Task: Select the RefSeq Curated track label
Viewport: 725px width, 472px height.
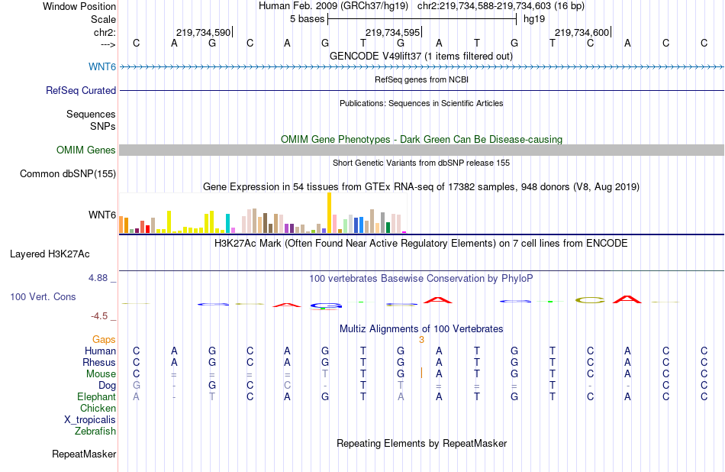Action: pos(81,90)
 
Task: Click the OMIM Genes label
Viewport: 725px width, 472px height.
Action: pos(86,150)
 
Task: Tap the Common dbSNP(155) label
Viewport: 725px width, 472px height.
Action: pos(68,174)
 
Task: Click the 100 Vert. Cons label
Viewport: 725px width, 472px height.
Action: pos(43,296)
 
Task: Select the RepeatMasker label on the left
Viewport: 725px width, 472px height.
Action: pos(84,454)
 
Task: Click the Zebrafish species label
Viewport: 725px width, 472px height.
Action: pos(95,432)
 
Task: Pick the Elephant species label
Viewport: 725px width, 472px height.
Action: pos(96,397)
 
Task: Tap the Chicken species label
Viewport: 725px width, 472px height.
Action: pos(98,409)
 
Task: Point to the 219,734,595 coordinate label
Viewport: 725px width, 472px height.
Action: pos(392,33)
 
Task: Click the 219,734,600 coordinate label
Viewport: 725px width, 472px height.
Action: pos(582,33)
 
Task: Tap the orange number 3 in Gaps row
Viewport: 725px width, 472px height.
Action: pos(421,340)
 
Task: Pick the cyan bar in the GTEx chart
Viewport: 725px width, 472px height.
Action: pos(228,222)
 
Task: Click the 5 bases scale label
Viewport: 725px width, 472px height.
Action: pos(307,19)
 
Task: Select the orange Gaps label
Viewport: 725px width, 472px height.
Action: pos(104,340)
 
